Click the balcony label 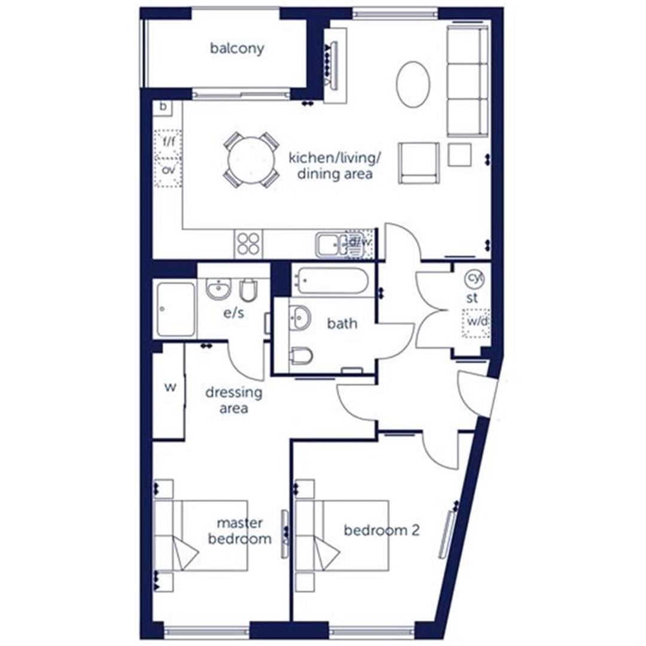coord(237,49)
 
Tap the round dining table coord(251,160)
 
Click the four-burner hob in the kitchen coord(248,243)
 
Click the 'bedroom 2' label coord(381,530)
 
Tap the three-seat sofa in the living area coord(467,81)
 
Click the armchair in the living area coord(419,162)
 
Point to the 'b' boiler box coord(163,108)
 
